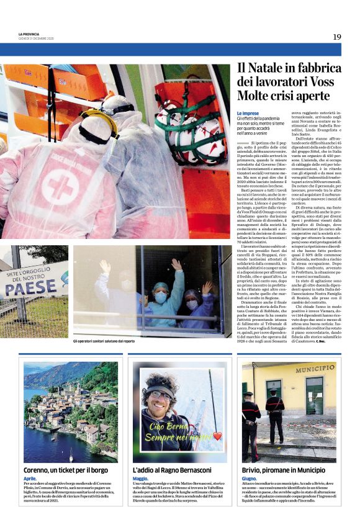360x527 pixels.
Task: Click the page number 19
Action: coord(336,37)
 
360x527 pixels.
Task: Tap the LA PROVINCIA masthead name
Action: coord(29,34)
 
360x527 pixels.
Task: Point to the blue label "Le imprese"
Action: coord(248,113)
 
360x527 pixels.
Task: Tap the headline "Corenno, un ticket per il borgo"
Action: coord(65,471)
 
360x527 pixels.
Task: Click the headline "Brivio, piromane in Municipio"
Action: coord(282,471)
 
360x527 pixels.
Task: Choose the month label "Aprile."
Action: coord(30,479)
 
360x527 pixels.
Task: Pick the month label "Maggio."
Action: coord(141,479)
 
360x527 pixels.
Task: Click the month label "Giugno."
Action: coord(250,479)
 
